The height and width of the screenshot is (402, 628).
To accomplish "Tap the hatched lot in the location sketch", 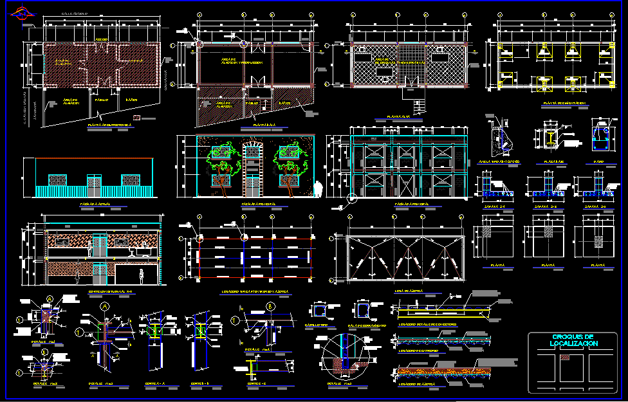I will tap(564, 358).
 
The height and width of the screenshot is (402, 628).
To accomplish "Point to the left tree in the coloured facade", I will tap(219, 162).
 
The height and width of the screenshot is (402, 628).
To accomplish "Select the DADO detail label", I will tap(598, 161).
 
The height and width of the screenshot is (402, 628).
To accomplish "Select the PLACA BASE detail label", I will tap(550, 161).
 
